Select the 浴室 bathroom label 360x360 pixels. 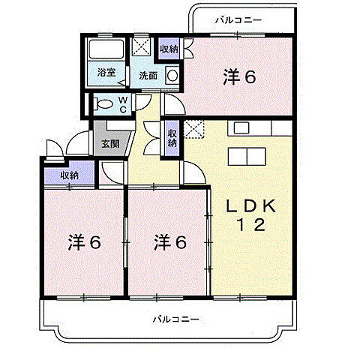[x=106, y=73]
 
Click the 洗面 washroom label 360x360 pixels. [x=147, y=75]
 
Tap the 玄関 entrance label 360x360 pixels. [x=109, y=142]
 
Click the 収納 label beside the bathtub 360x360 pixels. [x=168, y=49]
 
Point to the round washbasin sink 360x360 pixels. [x=172, y=75]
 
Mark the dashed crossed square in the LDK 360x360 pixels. [x=193, y=130]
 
